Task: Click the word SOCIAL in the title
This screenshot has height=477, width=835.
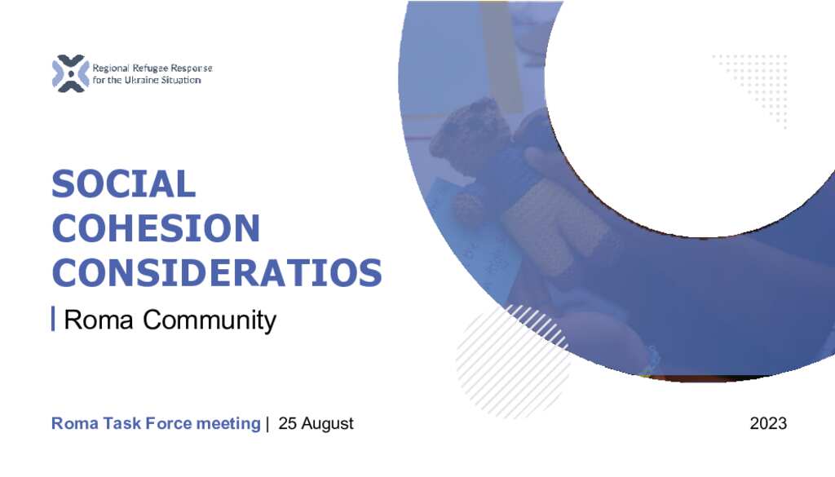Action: tap(124, 183)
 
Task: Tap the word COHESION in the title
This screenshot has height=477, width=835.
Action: tap(156, 227)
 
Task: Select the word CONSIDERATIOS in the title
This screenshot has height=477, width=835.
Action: tap(217, 272)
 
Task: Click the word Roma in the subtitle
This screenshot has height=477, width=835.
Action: tap(98, 320)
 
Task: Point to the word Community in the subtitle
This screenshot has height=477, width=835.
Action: tap(210, 320)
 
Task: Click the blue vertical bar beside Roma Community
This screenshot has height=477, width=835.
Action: tap(53, 319)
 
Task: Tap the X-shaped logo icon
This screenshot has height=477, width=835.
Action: tap(70, 73)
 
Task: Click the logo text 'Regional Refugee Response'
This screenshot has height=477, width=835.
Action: tap(152, 68)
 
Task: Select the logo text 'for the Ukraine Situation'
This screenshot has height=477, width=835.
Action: tap(147, 80)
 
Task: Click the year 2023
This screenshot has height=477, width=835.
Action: tap(768, 423)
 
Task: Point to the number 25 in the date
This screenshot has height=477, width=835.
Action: tap(287, 423)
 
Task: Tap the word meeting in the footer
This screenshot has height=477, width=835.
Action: tap(228, 424)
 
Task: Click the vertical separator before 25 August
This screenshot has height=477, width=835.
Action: tap(267, 424)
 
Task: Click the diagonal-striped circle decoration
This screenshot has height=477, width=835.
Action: tap(512, 361)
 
